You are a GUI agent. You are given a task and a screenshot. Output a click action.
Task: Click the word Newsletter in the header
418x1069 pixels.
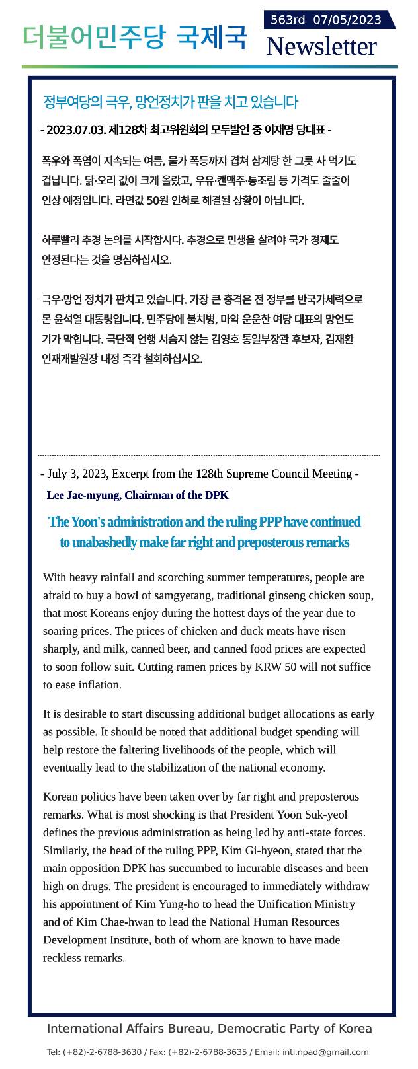321,46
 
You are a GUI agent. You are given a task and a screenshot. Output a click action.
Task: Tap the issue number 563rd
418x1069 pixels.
288,20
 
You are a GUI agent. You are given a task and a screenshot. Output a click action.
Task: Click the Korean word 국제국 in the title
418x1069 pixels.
212,38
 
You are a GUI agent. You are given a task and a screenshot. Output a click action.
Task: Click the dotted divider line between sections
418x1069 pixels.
209,455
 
